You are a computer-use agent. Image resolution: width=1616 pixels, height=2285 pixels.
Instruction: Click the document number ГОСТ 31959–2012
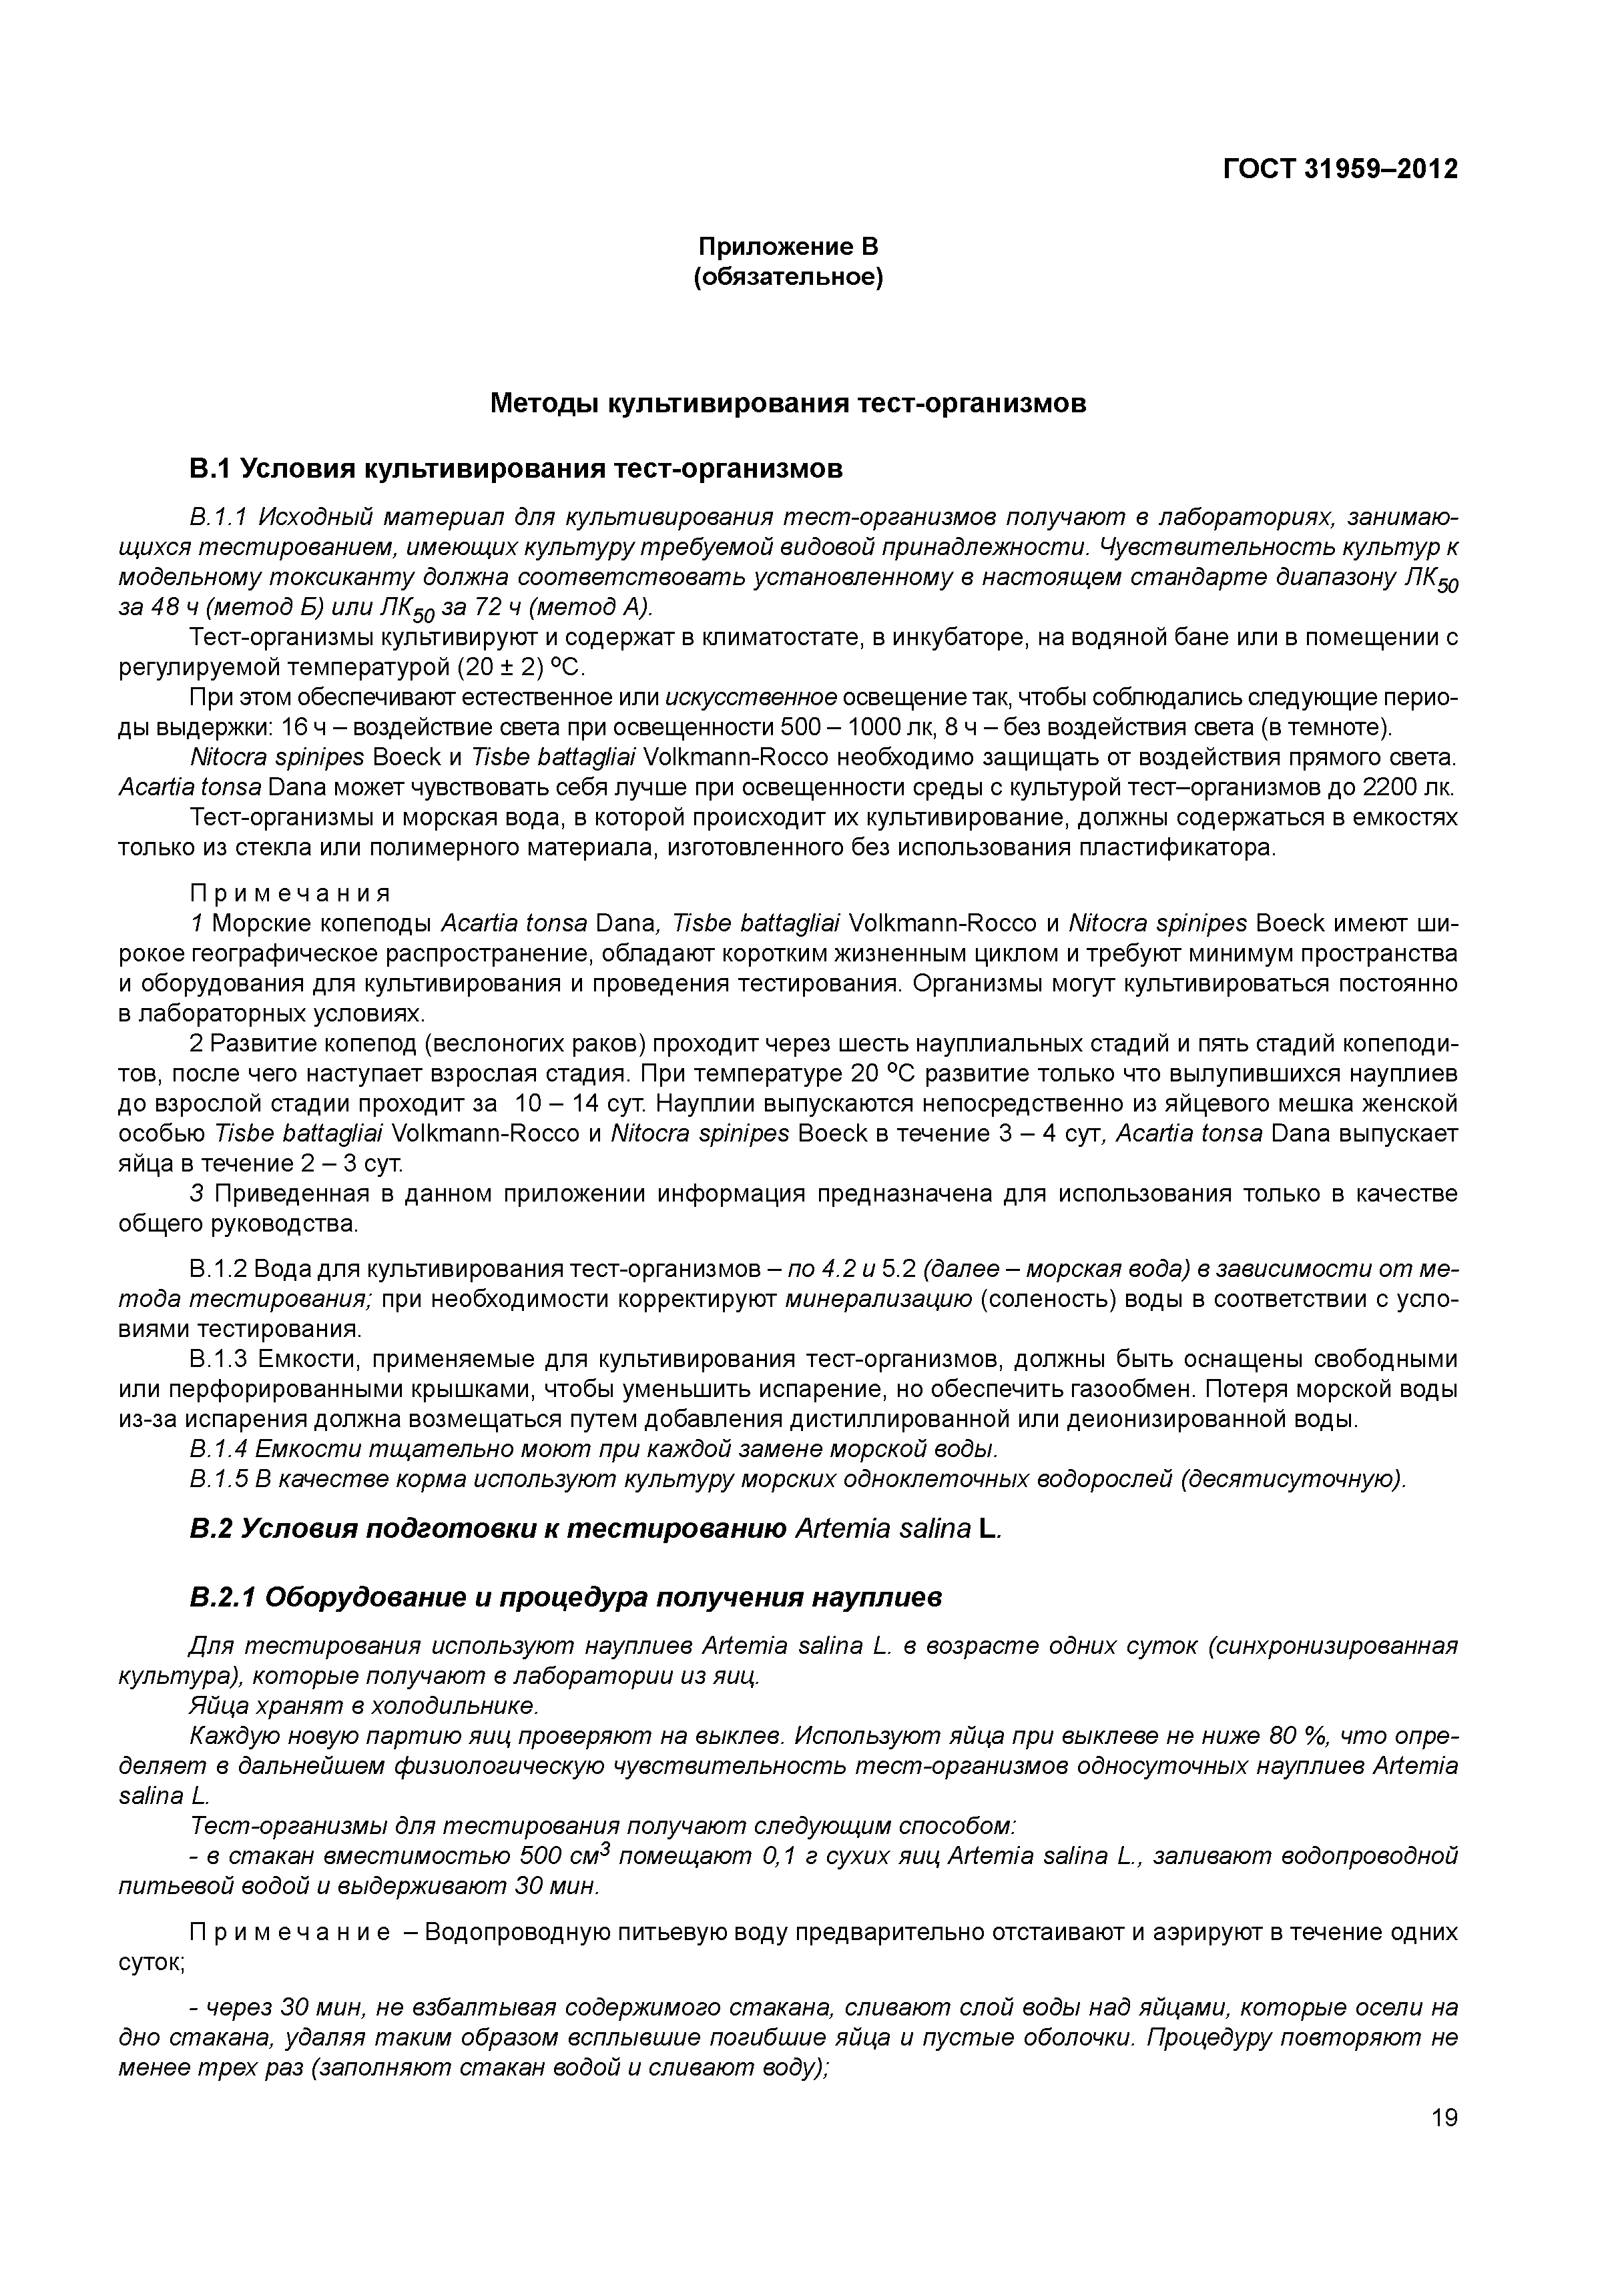[x=1339, y=169]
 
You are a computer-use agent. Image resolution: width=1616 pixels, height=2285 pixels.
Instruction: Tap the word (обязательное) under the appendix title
[x=788, y=277]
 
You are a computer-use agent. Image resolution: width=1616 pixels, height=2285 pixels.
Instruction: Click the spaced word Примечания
[x=290, y=892]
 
